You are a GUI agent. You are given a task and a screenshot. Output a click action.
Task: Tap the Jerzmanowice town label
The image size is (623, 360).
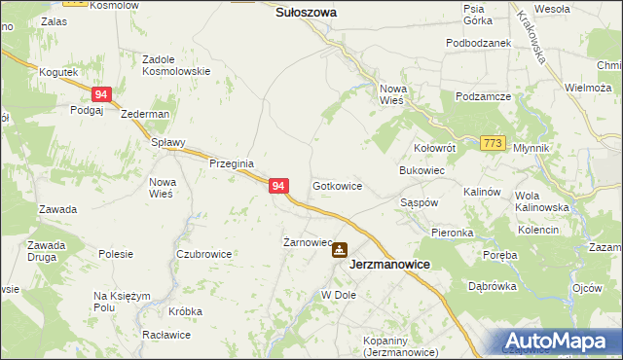[389, 264]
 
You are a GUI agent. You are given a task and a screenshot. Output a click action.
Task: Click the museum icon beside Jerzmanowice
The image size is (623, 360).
[339, 250]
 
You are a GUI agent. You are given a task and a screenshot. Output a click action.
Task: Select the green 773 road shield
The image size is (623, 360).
[493, 144]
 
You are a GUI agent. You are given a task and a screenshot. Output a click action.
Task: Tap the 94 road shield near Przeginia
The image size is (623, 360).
[278, 185]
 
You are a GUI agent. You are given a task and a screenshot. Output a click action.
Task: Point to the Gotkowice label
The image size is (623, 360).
[338, 185]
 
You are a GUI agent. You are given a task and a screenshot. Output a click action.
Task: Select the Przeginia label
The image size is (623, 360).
[232, 164]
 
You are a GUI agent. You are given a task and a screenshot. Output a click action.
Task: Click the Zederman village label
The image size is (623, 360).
[145, 114]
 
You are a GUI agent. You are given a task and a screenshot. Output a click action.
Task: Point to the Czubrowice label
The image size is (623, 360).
[203, 254]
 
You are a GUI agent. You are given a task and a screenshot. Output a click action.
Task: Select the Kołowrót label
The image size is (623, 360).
[435, 148]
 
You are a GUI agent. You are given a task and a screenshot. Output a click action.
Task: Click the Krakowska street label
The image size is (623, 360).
[534, 38]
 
